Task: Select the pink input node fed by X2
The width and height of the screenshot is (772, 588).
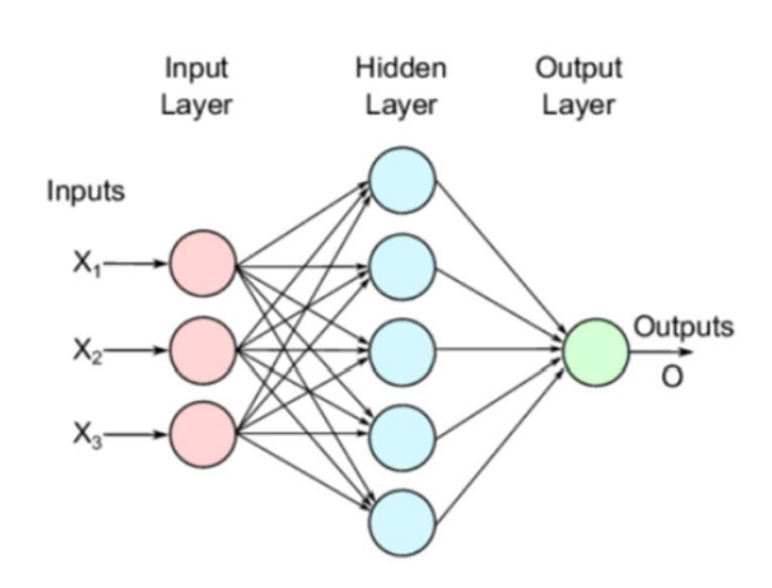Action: (x=202, y=351)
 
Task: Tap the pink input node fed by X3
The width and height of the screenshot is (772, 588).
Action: (x=202, y=434)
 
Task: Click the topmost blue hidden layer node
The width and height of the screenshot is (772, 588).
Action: (x=402, y=180)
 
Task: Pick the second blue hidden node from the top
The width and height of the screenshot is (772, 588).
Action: (x=402, y=268)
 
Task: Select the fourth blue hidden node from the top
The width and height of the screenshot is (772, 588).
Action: (x=402, y=434)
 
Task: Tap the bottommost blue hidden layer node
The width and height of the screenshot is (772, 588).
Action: (x=402, y=516)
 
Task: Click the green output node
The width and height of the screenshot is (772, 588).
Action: (x=595, y=352)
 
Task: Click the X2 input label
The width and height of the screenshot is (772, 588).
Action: (x=88, y=352)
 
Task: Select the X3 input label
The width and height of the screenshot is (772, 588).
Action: (x=88, y=435)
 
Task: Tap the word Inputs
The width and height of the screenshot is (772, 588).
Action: (x=85, y=193)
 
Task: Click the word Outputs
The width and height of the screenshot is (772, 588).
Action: (x=683, y=328)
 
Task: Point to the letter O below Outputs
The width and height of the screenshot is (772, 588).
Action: (x=672, y=376)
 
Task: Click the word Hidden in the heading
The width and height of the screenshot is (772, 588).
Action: (x=401, y=68)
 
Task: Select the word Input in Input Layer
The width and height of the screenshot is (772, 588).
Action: (x=196, y=68)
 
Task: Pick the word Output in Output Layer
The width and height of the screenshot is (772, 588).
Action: (x=578, y=68)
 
